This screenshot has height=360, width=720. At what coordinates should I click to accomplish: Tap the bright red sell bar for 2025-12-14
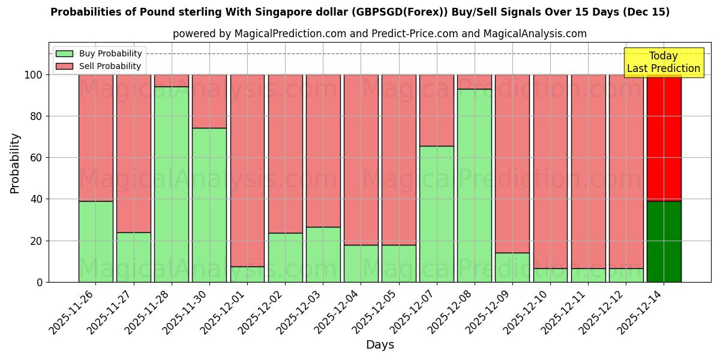(x=664, y=138)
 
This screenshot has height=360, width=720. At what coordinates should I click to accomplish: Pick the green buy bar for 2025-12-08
(x=474, y=185)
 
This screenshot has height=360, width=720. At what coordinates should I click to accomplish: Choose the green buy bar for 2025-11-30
(x=209, y=205)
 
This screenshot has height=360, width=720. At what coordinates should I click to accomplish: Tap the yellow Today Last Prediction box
(x=664, y=62)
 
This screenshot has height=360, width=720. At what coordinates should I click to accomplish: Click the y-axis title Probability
(x=15, y=163)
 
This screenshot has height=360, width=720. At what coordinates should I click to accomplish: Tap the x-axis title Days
(x=380, y=345)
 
